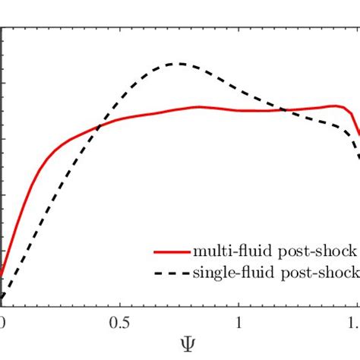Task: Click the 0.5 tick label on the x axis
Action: [119, 321]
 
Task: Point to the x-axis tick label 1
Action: [239, 321]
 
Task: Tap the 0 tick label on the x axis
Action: [2, 321]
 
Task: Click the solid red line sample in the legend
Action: [171, 251]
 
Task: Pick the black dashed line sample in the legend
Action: [171, 273]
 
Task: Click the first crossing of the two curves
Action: [99, 127]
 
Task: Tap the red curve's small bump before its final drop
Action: [334, 106]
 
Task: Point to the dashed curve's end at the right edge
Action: [358, 156]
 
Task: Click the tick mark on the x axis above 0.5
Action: [119, 303]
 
